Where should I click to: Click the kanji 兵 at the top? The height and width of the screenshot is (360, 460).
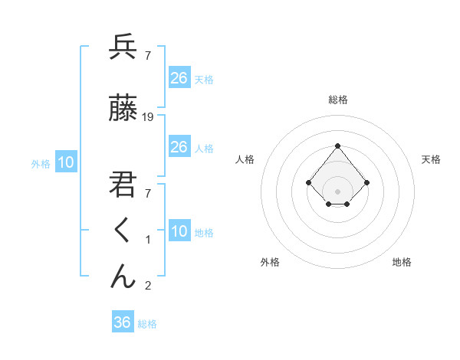point(123,47)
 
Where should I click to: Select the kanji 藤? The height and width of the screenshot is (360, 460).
point(123,110)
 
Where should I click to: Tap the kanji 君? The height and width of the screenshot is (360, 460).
point(123,185)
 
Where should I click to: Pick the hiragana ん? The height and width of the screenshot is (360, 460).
point(123,276)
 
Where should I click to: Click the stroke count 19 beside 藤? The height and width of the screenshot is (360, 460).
point(148,117)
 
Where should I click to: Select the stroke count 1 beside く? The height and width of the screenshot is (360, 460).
point(148,240)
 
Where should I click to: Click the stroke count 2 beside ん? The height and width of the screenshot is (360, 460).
point(148,286)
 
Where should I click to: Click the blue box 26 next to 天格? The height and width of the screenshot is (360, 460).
point(179,78)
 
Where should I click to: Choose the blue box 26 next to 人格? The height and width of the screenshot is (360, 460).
point(179,147)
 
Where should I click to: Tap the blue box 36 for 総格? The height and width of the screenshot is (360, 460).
point(122,322)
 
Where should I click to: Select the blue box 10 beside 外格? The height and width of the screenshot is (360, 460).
point(66,162)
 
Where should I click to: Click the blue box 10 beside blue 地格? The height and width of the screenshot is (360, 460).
point(179,231)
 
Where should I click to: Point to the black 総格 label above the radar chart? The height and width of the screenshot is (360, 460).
point(337,100)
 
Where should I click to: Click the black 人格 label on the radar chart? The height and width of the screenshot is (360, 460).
point(245,159)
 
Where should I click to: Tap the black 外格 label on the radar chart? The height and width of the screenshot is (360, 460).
point(270,262)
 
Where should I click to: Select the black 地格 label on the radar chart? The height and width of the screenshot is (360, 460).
point(402,262)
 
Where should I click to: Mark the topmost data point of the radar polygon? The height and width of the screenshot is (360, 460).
point(337,146)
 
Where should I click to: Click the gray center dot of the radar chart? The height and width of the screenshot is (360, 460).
point(337,191)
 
